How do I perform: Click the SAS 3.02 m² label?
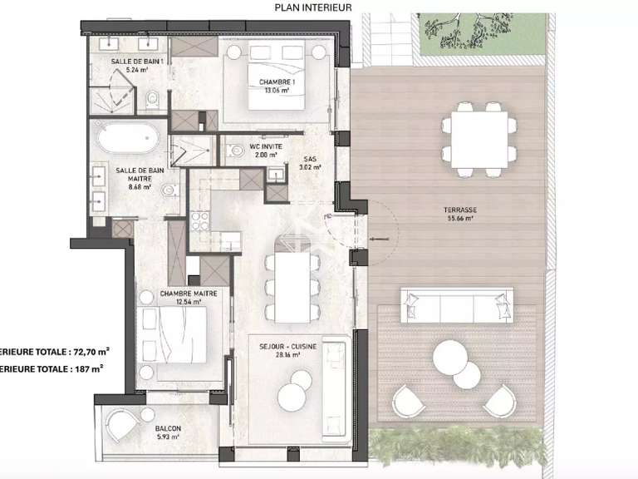310,162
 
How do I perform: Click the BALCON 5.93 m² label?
168,433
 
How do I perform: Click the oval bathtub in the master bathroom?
127,139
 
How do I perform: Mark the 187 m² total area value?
86,367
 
